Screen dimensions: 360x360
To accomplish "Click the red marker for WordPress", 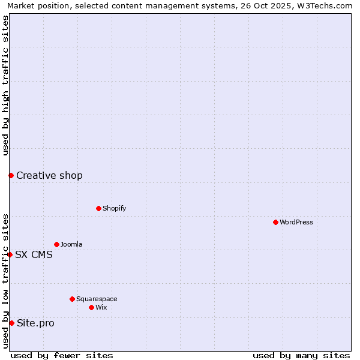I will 275,222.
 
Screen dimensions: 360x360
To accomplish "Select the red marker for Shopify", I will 98,208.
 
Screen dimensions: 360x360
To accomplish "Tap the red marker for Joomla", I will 56,244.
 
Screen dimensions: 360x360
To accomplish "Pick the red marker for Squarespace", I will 72,299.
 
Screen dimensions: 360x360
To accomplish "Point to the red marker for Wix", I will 91,307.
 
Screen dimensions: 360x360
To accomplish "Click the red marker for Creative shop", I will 11,175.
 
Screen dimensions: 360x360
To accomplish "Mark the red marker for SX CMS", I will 10,254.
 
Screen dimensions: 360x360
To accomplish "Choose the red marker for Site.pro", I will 11,323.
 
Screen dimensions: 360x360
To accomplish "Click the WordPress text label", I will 296,222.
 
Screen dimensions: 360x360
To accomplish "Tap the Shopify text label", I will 114,208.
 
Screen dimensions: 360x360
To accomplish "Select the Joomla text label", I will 71,244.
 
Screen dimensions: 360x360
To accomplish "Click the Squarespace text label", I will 97,299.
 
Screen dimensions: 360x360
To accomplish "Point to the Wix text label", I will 101,307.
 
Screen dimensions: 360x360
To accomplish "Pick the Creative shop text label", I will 49,175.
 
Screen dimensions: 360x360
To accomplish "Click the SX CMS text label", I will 34,254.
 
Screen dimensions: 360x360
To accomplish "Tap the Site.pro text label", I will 35,323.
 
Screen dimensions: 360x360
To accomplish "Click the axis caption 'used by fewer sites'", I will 62,355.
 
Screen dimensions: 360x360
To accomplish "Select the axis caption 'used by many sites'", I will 301,355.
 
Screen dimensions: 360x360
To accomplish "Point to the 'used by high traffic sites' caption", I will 5,85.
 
